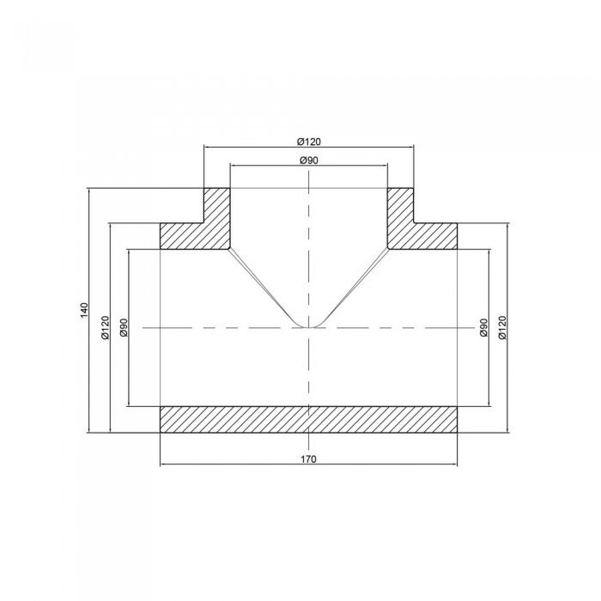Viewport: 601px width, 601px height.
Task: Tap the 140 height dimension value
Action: [83, 311]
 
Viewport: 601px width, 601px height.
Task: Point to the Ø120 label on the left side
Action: [105, 328]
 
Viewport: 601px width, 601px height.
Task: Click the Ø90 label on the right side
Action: [483, 328]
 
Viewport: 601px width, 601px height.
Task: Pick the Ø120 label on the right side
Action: [502, 328]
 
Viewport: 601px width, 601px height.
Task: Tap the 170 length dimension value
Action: [308, 459]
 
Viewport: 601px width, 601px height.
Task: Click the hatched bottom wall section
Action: [308, 418]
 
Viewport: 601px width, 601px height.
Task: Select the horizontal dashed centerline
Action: [215, 327]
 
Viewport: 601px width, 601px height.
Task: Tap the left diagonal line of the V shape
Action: [262, 284]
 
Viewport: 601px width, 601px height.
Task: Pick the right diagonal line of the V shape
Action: [355, 284]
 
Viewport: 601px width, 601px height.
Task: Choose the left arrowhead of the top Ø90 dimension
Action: [233, 166]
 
